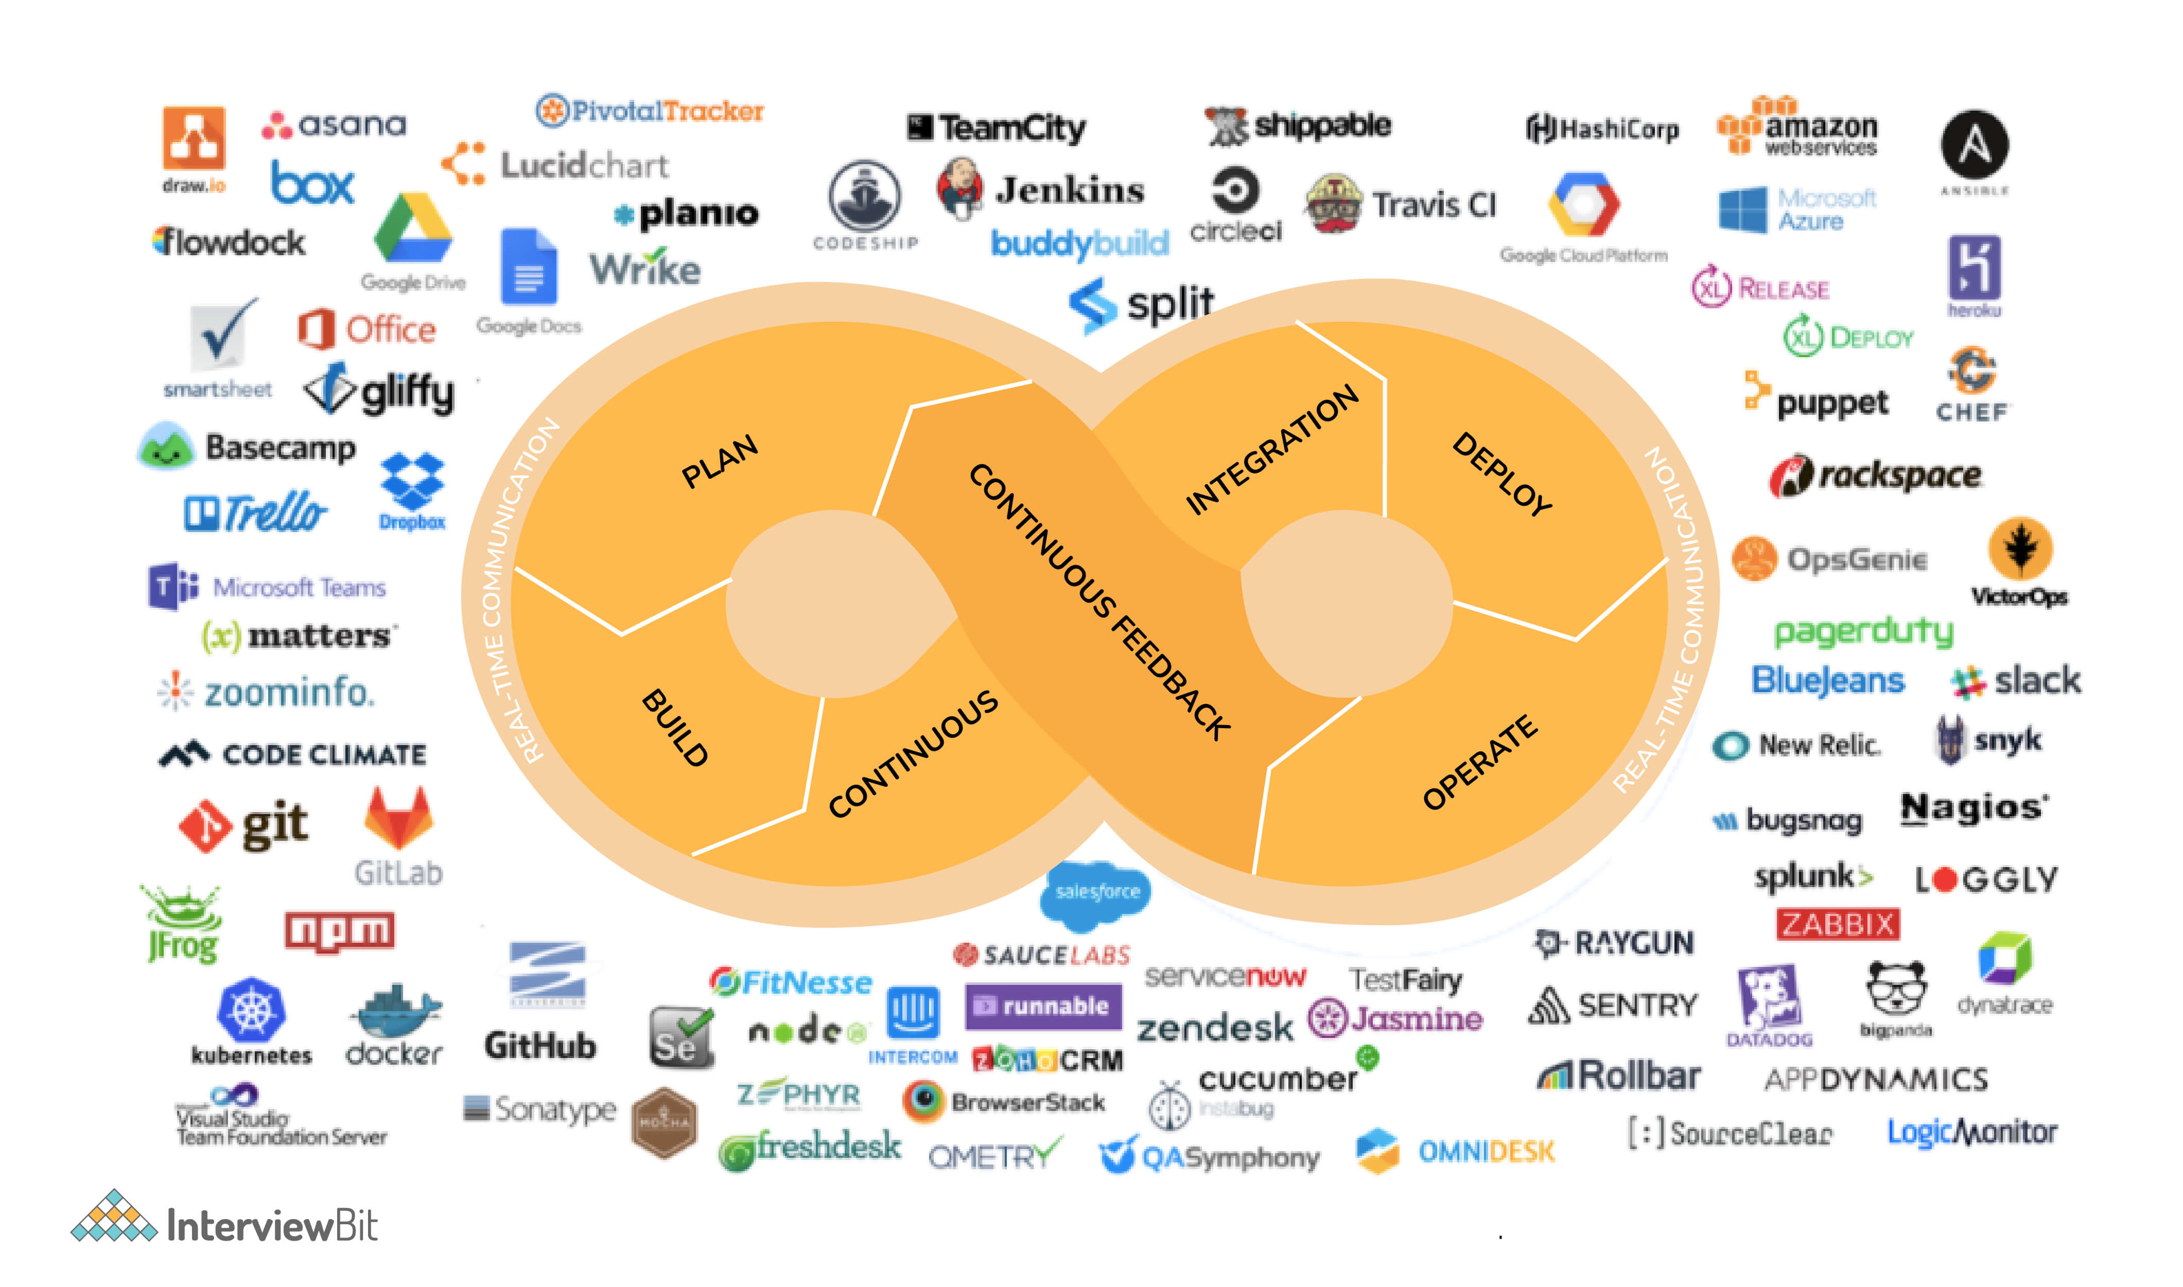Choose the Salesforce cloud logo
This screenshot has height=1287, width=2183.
tap(1096, 891)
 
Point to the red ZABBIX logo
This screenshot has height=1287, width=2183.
tap(1837, 925)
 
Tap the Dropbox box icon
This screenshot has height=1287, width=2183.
tap(412, 481)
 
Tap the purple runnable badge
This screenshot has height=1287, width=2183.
tap(1043, 1006)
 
